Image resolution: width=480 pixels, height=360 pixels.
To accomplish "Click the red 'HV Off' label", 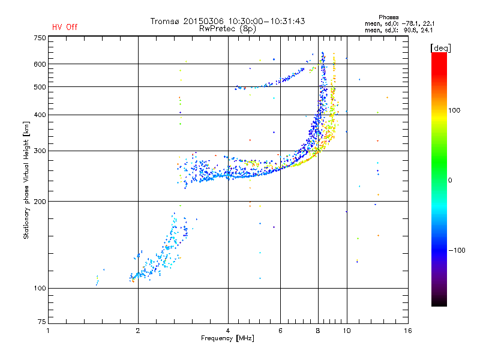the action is (x=65, y=27).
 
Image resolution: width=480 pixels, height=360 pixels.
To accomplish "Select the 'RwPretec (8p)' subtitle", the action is (x=227, y=29).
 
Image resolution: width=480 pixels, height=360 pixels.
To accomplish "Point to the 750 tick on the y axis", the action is (x=40, y=38).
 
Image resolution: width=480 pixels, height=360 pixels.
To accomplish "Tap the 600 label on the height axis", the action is (x=40, y=64).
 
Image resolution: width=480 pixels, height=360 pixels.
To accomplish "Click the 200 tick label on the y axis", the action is (x=40, y=202).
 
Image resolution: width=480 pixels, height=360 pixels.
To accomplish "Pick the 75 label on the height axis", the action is (x=42, y=322).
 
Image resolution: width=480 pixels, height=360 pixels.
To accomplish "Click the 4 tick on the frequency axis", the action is (x=228, y=331).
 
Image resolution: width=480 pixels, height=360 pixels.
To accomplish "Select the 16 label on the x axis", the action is (x=408, y=331).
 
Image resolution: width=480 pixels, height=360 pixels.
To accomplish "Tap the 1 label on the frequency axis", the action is (x=48, y=331).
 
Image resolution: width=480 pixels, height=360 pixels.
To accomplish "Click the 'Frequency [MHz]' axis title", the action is (x=227, y=338).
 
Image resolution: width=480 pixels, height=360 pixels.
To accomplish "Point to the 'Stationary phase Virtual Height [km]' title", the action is (x=26, y=181).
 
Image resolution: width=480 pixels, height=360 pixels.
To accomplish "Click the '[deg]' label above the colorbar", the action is (x=440, y=48).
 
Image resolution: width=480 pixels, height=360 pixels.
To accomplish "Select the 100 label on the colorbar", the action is (x=454, y=110).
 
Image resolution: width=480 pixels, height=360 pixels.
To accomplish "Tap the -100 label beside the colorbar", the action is (x=457, y=250).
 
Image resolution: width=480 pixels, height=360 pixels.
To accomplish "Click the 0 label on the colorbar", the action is (x=450, y=181).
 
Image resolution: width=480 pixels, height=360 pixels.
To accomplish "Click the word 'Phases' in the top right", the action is (x=389, y=17).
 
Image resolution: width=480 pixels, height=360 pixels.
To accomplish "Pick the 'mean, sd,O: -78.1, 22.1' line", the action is (x=400, y=24).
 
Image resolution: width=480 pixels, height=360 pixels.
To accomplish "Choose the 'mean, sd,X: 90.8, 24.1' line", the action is (x=399, y=31).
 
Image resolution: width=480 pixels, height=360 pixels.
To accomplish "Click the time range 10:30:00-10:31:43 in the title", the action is (x=266, y=21).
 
